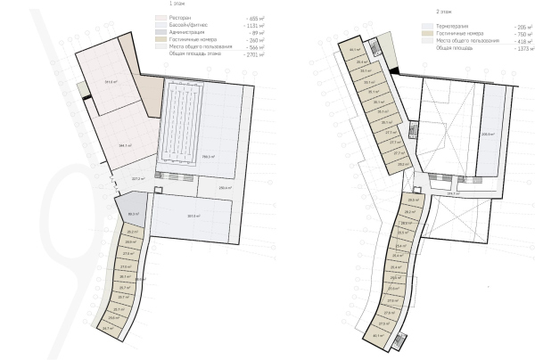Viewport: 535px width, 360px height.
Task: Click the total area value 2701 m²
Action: pos(254,55)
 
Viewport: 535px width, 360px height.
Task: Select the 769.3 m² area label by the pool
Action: pos(211,158)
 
